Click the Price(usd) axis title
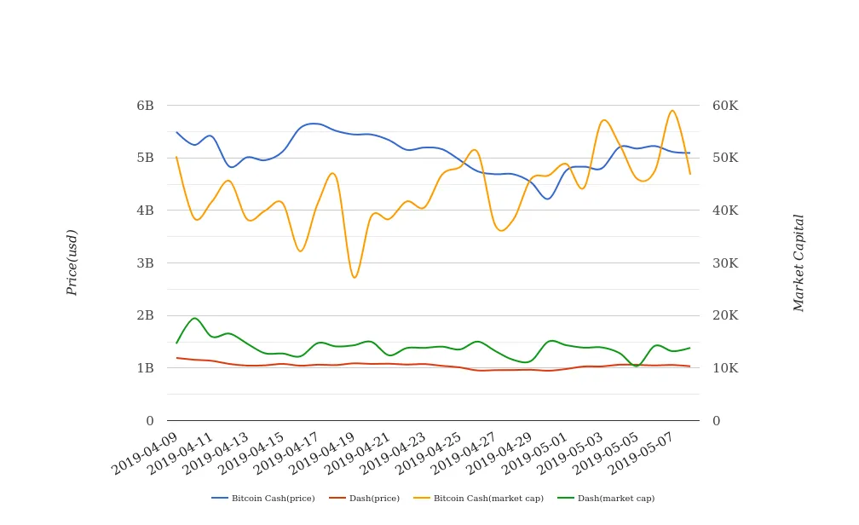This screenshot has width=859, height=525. pyautogui.click(x=72, y=262)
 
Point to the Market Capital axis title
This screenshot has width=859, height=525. pyautogui.click(x=799, y=262)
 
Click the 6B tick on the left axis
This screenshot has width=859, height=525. pyautogui.click(x=145, y=106)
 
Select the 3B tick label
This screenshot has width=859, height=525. pyautogui.click(x=145, y=263)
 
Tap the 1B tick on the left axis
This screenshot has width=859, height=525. pyautogui.click(x=145, y=368)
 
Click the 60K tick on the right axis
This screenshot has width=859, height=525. pyautogui.click(x=725, y=106)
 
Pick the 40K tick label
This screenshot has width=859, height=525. pyautogui.click(x=725, y=211)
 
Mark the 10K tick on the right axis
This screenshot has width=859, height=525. pyautogui.click(x=725, y=368)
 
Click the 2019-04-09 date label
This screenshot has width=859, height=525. pyautogui.click(x=147, y=451)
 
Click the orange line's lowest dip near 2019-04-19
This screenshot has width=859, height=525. pyautogui.click(x=355, y=278)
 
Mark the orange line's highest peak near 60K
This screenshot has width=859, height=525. pyautogui.click(x=672, y=110)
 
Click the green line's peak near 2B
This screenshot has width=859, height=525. pyautogui.click(x=194, y=318)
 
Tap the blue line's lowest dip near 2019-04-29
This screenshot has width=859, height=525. pyautogui.click(x=548, y=199)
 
